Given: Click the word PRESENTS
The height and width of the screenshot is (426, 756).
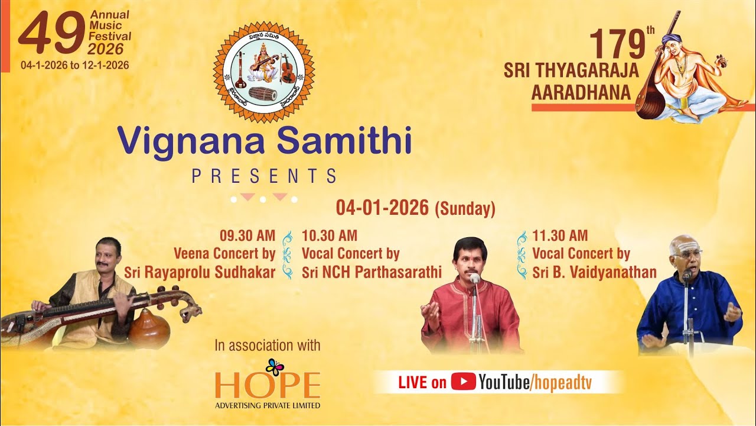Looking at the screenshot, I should pyautogui.click(x=264, y=176).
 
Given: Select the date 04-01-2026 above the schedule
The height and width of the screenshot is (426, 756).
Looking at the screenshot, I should pyautogui.click(x=382, y=208).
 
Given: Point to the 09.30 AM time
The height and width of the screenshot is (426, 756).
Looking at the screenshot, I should pyautogui.click(x=247, y=235).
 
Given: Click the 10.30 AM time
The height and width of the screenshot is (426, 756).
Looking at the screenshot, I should pyautogui.click(x=329, y=235).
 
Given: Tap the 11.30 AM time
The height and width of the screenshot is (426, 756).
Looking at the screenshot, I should pyautogui.click(x=560, y=235).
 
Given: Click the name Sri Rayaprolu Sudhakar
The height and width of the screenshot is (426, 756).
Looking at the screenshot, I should pyautogui.click(x=200, y=272).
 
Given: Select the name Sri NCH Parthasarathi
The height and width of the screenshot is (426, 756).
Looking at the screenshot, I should pyautogui.click(x=372, y=272).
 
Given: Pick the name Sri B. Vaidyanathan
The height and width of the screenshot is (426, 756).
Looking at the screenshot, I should pyautogui.click(x=594, y=272).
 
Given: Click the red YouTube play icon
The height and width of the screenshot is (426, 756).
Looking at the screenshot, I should pyautogui.click(x=463, y=382).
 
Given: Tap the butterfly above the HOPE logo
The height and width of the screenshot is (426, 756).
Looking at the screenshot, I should pyautogui.click(x=275, y=367).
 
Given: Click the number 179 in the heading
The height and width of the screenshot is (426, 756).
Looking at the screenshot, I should pyautogui.click(x=617, y=44).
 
